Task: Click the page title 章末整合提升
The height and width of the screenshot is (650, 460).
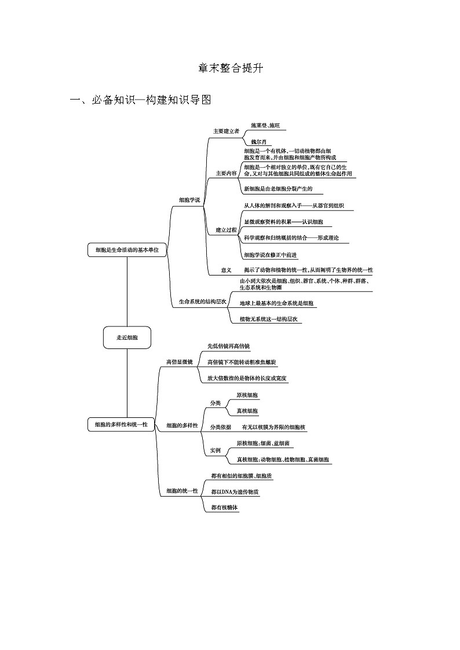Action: coord(230,68)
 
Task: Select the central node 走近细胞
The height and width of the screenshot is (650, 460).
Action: coord(127,337)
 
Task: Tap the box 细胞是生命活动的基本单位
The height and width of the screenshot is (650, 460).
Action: coord(127,250)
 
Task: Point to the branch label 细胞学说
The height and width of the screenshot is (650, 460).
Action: coord(189,200)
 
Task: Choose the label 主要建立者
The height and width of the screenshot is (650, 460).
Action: coord(226,131)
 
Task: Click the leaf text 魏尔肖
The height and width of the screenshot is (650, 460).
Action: coord(259,141)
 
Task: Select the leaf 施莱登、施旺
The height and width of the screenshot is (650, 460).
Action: coord(265,124)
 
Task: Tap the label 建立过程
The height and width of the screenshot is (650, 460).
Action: coord(226,230)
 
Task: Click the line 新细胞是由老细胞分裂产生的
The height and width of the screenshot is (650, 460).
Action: coord(278,189)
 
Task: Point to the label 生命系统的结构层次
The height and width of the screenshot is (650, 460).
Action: coord(202,302)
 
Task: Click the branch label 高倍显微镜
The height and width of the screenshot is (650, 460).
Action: coord(179,362)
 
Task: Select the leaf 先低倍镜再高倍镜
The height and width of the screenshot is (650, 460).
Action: coord(228,346)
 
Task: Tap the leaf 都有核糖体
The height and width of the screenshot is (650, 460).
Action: coord(225,507)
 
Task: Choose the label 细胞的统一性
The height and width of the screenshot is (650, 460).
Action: coord(182,491)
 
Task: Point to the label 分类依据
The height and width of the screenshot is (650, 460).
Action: coord(221,427)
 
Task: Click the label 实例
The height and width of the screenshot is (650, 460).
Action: coord(215,450)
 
